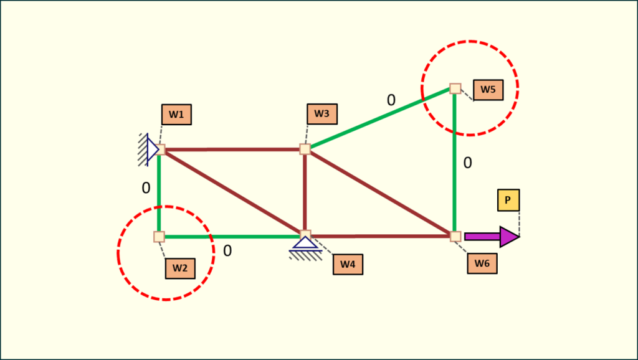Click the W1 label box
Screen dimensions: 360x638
[176, 115]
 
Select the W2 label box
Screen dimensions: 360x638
[180, 268]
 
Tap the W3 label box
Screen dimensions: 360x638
[321, 114]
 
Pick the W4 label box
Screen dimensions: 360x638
[348, 264]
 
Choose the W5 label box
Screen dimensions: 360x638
[488, 90]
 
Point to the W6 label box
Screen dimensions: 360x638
[482, 263]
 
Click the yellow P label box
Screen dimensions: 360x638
[508, 200]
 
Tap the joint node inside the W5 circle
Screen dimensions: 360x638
[455, 88]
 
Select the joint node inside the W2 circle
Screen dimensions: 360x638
[159, 237]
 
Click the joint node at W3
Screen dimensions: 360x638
[305, 149]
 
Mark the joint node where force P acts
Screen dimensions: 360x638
[455, 237]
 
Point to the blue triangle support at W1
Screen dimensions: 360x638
[152, 149]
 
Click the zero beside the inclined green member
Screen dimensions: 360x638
[391, 100]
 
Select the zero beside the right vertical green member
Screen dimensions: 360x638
[467, 163]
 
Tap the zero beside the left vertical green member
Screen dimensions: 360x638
[146, 188]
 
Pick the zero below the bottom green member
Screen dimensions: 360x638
[227, 251]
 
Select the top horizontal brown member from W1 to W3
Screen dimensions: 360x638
[232, 149]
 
